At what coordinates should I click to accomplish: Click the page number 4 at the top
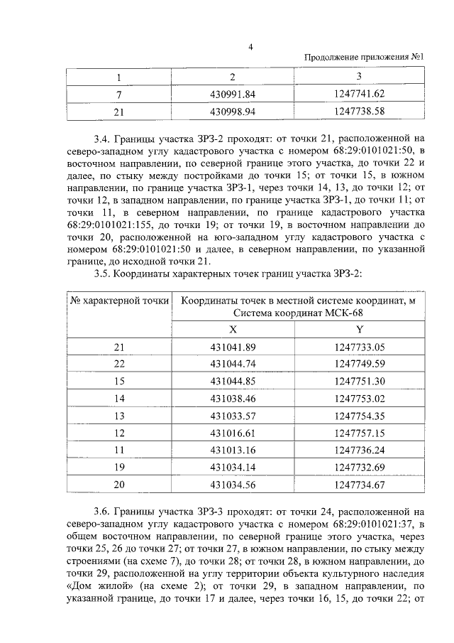pos(250,47)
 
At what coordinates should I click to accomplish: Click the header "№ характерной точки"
pos(119,301)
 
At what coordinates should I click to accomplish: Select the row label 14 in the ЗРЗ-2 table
pos(118,398)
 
